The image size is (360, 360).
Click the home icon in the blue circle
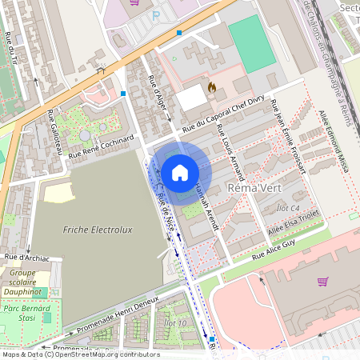(180, 172)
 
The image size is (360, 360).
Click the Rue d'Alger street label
(158, 94)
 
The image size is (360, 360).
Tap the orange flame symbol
(212, 86)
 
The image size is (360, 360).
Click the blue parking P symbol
(156, 15)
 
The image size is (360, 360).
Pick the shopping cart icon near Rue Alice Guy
(322, 281)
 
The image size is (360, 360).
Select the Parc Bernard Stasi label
(25, 312)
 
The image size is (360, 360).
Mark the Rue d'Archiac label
(26, 257)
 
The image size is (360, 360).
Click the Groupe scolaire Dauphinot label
(24, 282)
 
